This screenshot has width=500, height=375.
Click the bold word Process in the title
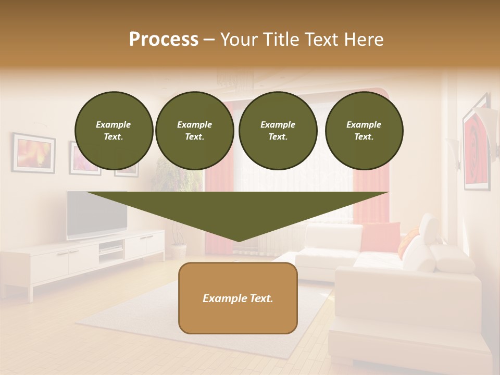coord(164,40)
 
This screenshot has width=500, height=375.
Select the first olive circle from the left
coord(114,131)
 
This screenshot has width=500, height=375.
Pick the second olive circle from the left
coord(195,131)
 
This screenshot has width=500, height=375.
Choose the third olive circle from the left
coord(278,131)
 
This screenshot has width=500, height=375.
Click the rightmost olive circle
coord(364,131)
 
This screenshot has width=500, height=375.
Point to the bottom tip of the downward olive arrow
coord(239,241)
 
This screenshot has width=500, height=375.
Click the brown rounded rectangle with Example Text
coord(238,298)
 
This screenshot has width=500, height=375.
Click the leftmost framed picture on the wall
coord(34,153)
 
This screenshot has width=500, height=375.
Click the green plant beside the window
coord(182,180)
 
